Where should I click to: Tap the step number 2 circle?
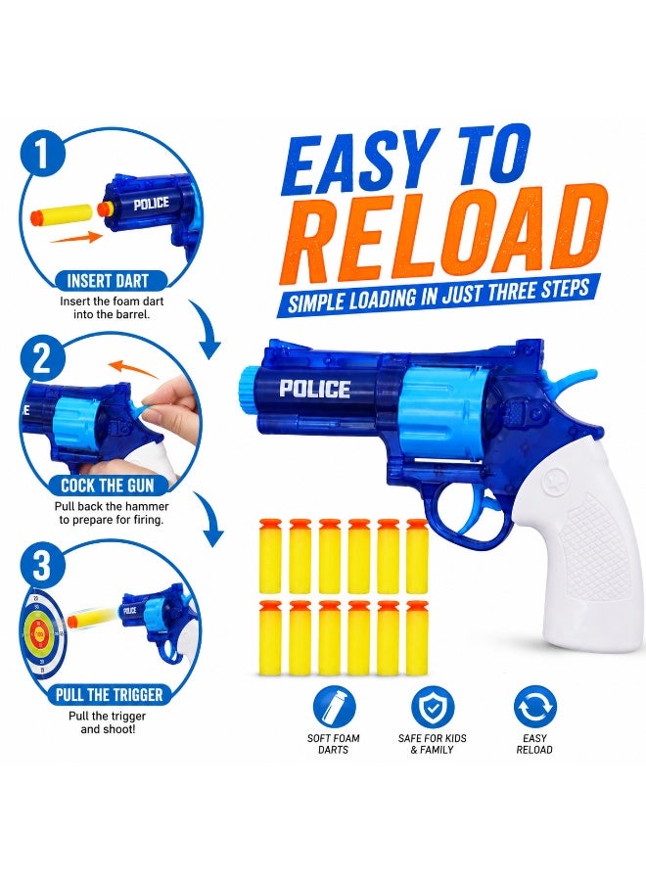pyautogui.click(x=43, y=360)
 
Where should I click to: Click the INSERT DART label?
pyautogui.click(x=108, y=281)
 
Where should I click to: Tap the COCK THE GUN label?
pyautogui.click(x=108, y=486)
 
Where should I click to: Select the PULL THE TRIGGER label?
pyautogui.click(x=109, y=694)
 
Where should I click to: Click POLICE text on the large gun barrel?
pyautogui.click(x=314, y=390)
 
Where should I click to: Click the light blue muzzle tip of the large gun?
pyautogui.click(x=248, y=387)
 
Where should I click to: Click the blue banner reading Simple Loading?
pyautogui.click(x=438, y=294)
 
